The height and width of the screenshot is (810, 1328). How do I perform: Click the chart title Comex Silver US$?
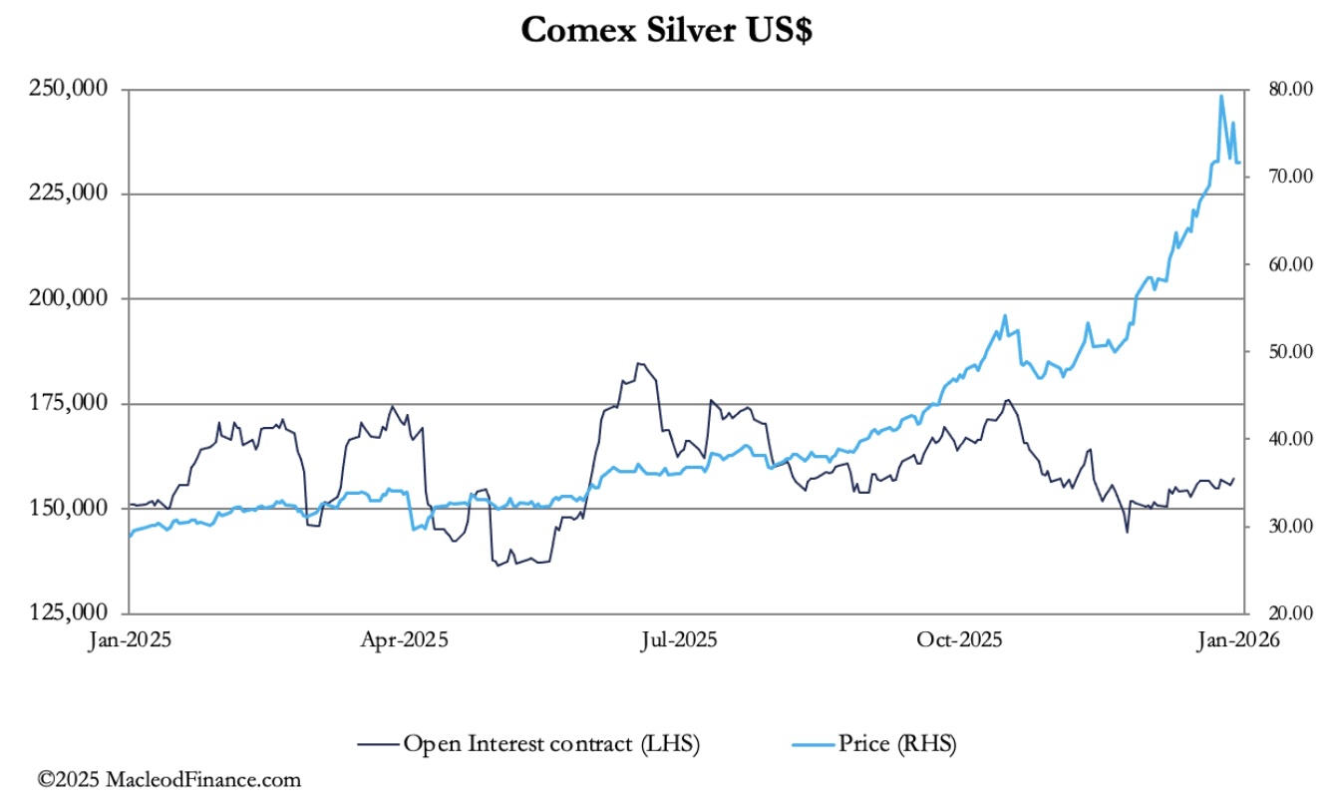coord(666,31)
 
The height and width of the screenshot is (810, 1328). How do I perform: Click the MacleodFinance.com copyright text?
coord(169,779)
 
